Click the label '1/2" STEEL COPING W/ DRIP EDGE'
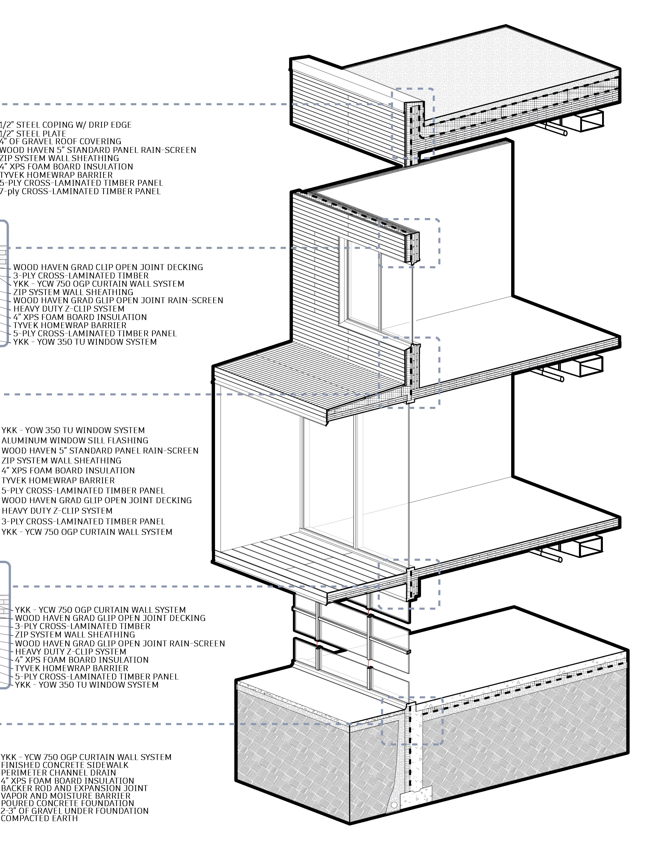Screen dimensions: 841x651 (65, 125)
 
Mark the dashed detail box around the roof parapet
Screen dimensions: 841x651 (413, 123)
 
